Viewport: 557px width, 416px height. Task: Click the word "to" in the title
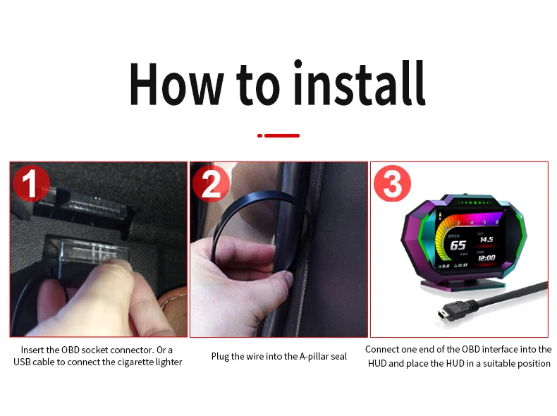(x=260, y=86)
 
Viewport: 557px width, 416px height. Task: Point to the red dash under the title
(x=279, y=135)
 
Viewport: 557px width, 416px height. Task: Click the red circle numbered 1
(x=31, y=184)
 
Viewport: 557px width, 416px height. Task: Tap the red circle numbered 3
(x=392, y=184)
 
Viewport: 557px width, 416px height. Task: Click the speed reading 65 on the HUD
(x=458, y=245)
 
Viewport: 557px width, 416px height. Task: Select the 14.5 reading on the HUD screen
(x=487, y=240)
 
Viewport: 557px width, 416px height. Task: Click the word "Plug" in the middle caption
(x=221, y=356)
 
